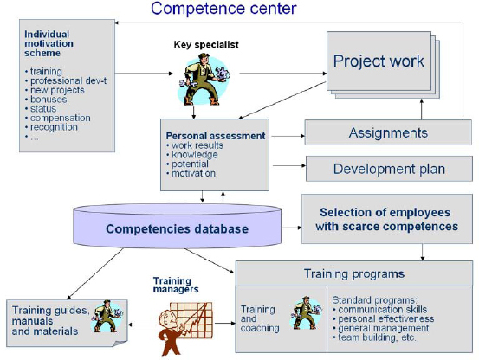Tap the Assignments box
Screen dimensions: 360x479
387,132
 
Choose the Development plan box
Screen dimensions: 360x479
387,168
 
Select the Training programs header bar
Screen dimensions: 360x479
354,273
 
